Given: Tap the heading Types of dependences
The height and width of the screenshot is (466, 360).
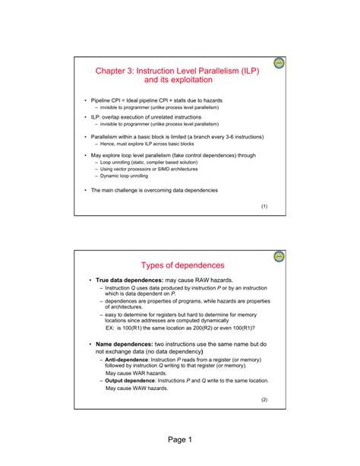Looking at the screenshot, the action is [182, 265].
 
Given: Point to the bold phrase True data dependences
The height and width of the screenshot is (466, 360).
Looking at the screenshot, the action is [134, 281].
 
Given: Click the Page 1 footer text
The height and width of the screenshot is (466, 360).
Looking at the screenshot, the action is [179, 439].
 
